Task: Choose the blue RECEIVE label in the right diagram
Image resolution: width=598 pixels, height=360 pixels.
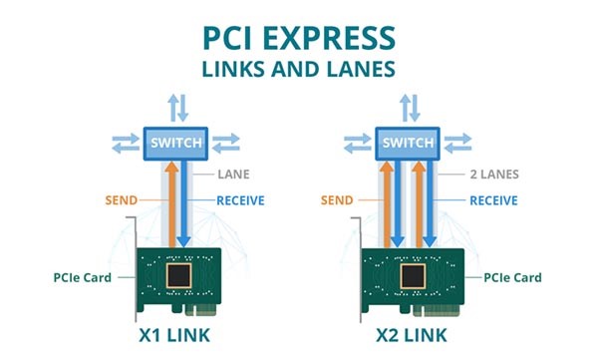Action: click(489, 199)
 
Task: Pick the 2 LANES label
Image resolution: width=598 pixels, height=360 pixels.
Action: click(489, 174)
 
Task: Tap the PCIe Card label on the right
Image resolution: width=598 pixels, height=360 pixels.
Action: click(514, 276)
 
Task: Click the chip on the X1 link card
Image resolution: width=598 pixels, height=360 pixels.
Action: click(179, 276)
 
